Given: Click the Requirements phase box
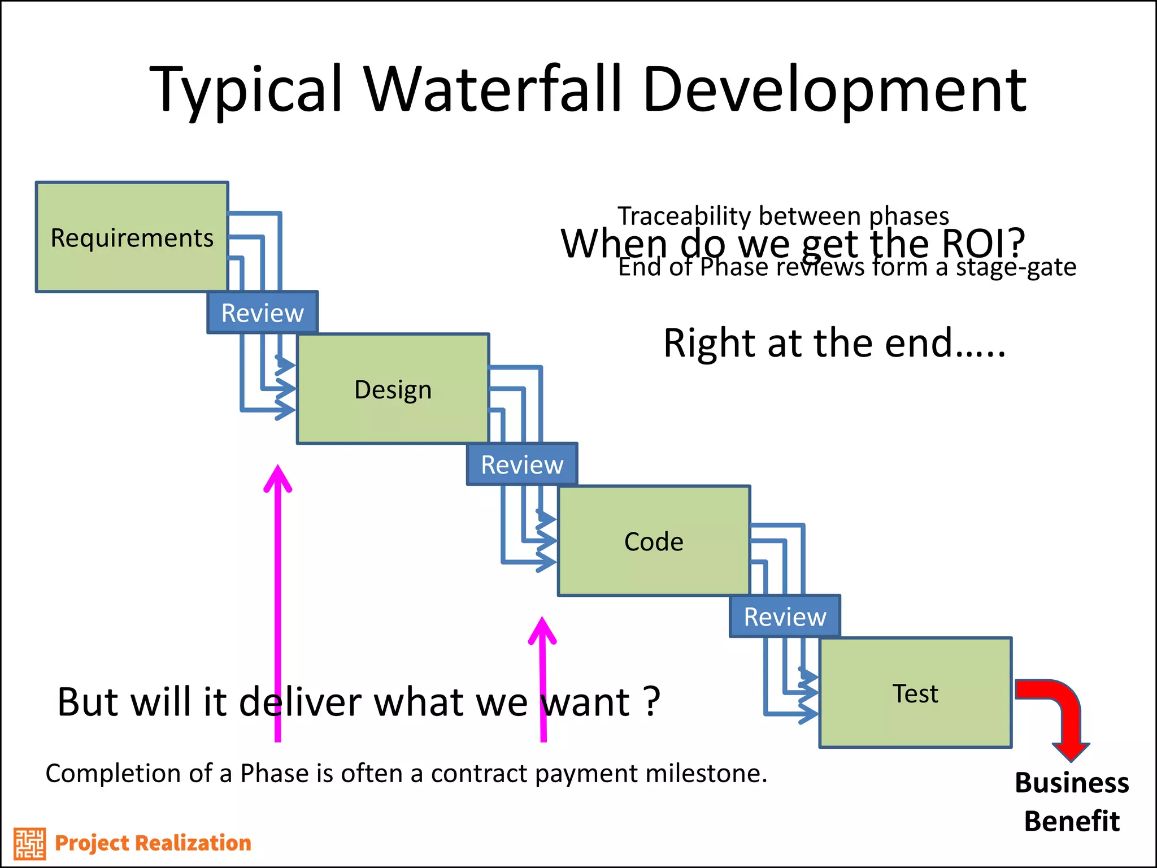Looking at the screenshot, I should tap(132, 237).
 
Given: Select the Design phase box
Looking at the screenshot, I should tap(393, 389).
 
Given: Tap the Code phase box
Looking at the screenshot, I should tap(654, 541).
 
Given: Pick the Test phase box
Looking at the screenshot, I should tap(915, 693).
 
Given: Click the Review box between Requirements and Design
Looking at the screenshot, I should tap(263, 313).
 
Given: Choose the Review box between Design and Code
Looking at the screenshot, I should tap(522, 465).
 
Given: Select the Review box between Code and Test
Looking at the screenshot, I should tap(785, 617).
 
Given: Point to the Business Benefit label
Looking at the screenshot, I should tap(1072, 801).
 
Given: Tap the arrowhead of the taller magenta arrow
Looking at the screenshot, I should tap(278, 478).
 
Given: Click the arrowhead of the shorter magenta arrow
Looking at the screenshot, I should tap(542, 630).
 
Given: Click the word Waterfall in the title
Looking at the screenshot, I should tap(492, 89).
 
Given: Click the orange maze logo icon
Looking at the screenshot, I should tap(29, 843).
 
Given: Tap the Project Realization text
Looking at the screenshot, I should tap(153, 843).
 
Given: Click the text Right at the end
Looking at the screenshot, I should tap(834, 343).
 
